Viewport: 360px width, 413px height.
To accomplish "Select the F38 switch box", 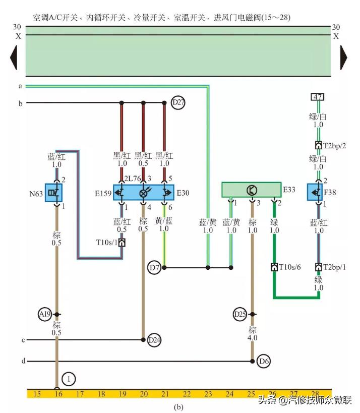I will [x=318, y=192].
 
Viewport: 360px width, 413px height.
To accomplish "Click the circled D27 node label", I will [x=178, y=103].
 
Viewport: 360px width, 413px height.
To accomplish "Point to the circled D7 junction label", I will [x=155, y=267].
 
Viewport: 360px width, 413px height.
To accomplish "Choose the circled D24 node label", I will [x=154, y=340].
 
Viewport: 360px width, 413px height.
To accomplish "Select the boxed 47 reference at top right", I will [x=318, y=97].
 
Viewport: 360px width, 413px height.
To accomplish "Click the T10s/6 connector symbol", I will [x=274, y=267].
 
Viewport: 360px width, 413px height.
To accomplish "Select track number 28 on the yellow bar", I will [x=316, y=393].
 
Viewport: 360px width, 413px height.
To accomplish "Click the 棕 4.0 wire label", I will [x=252, y=334].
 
